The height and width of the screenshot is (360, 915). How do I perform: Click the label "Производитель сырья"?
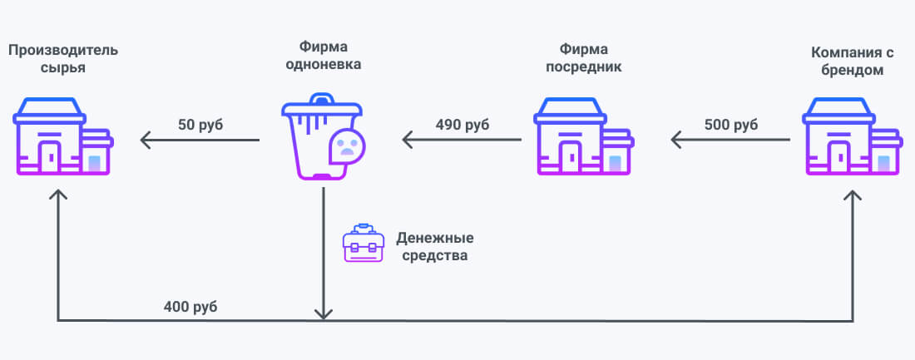63,60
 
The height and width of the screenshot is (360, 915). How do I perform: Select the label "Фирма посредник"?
583,60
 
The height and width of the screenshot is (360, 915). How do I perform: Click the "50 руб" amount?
200,125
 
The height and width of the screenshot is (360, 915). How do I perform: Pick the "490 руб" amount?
462,125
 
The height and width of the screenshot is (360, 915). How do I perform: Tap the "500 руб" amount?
730,125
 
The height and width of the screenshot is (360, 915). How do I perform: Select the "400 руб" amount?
190,307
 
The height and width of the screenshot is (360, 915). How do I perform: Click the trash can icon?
312,137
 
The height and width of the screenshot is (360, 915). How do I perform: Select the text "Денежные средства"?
431,247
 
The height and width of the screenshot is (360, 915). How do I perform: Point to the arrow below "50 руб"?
200,141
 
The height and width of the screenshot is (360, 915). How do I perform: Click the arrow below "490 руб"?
462,141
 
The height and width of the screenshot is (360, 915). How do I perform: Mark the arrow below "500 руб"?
730,141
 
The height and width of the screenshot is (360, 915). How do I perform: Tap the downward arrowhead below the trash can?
323,313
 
